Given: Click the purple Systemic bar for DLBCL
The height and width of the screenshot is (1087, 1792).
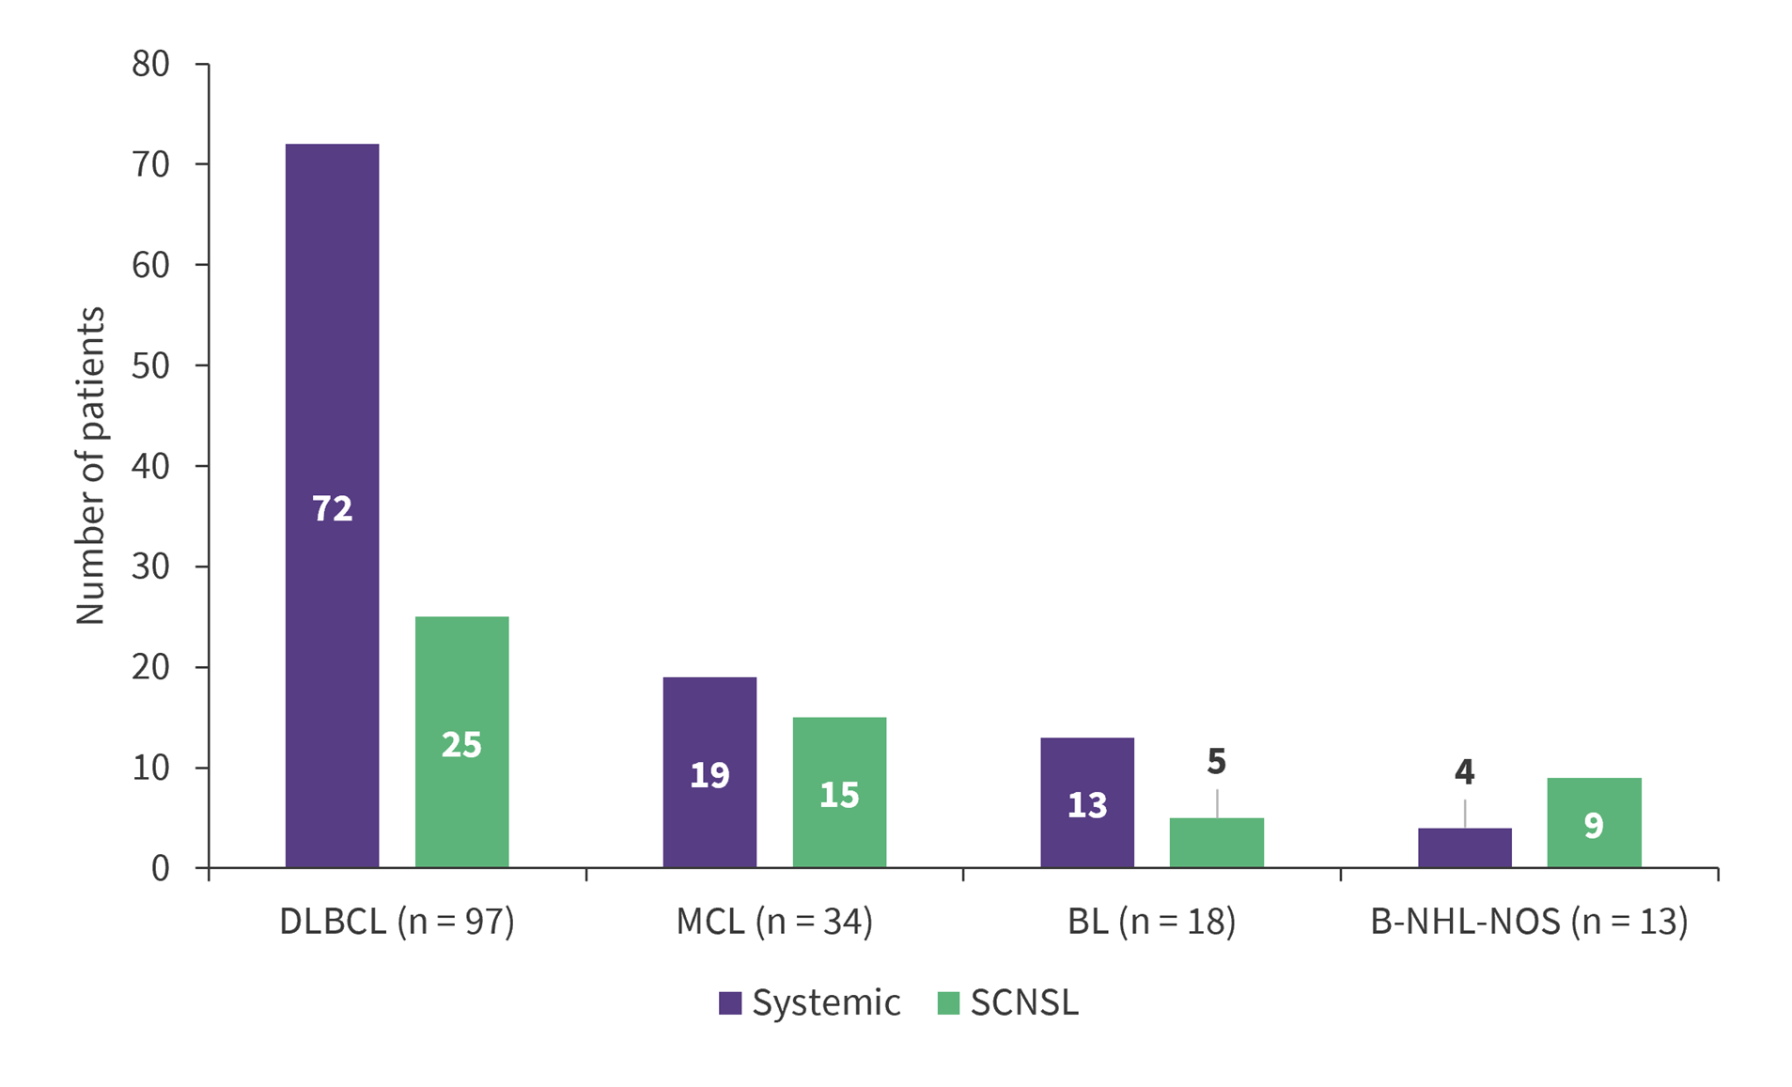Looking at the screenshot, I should click(332, 376).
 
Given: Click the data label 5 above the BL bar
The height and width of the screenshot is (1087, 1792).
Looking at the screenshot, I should click(1217, 762).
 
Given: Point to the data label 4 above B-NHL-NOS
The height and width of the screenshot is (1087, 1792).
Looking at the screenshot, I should click(1464, 772).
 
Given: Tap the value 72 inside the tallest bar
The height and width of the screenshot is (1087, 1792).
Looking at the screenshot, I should click(332, 508).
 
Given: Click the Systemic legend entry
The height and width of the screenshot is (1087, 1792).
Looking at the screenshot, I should click(810, 1002).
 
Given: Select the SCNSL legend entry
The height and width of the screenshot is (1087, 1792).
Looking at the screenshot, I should click(1009, 1002).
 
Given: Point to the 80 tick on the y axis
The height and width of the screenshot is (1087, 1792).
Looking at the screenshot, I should click(150, 64).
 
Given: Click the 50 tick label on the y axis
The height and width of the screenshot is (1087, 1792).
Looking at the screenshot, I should click(150, 365).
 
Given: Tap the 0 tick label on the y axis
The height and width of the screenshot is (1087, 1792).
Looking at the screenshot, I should click(160, 868).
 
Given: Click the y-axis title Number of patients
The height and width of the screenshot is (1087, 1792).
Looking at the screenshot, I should click(90, 465).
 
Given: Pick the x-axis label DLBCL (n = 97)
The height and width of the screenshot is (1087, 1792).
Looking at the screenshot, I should click(397, 922).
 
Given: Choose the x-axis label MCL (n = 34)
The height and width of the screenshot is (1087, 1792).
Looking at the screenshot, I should click(774, 922).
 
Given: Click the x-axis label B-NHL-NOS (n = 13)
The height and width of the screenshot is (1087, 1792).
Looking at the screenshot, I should click(1529, 922).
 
